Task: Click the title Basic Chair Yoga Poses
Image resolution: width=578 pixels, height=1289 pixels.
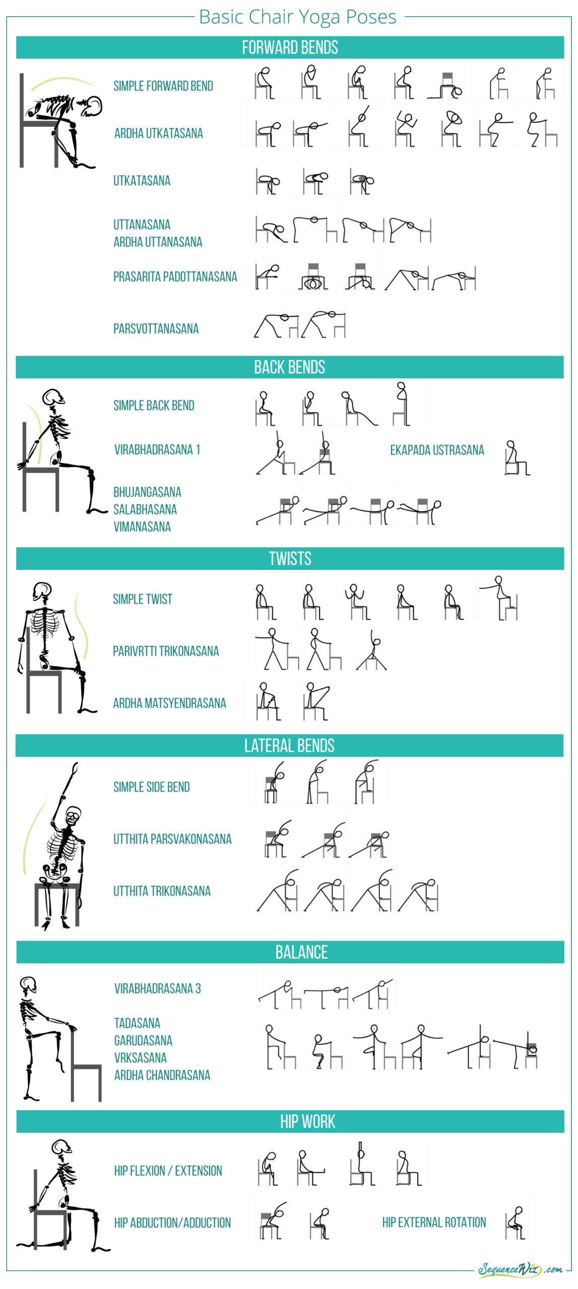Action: tap(297, 17)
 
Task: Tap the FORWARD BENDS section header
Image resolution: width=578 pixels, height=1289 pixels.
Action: tap(290, 47)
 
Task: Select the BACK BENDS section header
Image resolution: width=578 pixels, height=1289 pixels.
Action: tap(289, 367)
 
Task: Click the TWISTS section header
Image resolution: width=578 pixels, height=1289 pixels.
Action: tap(290, 558)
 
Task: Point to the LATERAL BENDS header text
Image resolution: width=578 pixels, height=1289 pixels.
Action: tap(289, 745)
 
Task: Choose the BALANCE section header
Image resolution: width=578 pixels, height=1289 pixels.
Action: tap(301, 952)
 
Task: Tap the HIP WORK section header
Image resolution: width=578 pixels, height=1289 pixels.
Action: tap(307, 1121)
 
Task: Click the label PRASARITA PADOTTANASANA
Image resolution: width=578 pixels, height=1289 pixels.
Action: tap(175, 276)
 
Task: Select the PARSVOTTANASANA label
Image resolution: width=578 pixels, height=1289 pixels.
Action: tap(156, 329)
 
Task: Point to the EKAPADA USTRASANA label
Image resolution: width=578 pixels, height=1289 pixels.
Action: tap(437, 450)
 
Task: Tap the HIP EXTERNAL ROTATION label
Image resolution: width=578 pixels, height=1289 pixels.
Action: tap(434, 1222)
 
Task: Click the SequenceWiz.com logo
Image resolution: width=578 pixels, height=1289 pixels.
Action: tap(520, 1269)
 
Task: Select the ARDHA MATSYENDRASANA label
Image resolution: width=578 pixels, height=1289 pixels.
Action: tap(169, 703)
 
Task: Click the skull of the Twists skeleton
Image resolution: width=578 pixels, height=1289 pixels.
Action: tap(42, 590)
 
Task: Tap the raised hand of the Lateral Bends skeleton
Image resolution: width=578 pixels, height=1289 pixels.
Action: tap(75, 768)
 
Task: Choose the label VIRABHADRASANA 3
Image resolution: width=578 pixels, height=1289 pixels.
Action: tap(157, 988)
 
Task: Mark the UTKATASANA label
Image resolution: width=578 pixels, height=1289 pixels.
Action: tap(142, 181)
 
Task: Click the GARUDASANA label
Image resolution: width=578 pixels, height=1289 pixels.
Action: tap(143, 1040)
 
